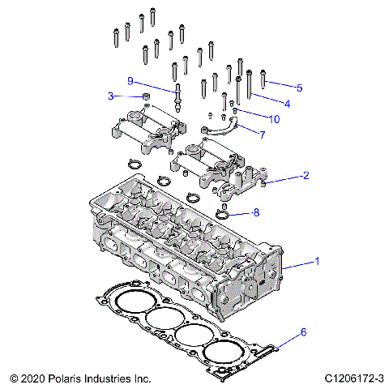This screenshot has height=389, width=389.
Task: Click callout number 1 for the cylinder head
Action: (x=317, y=262)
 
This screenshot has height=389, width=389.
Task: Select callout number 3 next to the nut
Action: (x=110, y=96)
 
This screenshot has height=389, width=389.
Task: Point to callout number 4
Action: (x=286, y=103)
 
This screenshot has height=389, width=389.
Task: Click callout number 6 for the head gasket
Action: (x=304, y=332)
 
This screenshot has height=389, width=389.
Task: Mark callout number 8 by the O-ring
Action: (x=256, y=213)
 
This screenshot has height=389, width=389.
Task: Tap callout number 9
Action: (x=130, y=79)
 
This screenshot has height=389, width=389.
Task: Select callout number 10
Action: (x=275, y=119)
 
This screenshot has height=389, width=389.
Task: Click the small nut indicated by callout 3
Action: (x=147, y=98)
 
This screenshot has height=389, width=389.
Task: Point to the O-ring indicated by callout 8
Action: (x=224, y=215)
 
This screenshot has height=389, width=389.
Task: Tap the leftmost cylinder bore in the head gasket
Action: (x=127, y=298)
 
